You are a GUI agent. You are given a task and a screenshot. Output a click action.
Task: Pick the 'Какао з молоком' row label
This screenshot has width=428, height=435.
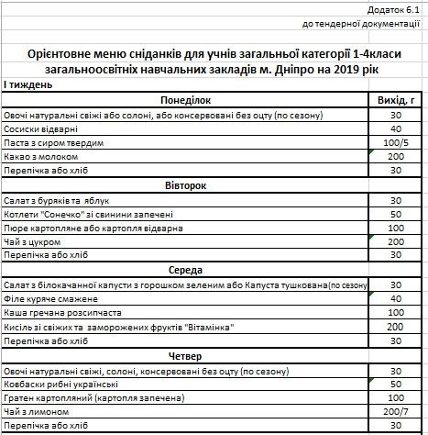(42, 157)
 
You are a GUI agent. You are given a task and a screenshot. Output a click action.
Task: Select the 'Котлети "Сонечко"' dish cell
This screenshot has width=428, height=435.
(73, 214)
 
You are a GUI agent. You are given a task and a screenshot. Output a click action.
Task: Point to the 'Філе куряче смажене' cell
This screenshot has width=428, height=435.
(50, 298)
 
